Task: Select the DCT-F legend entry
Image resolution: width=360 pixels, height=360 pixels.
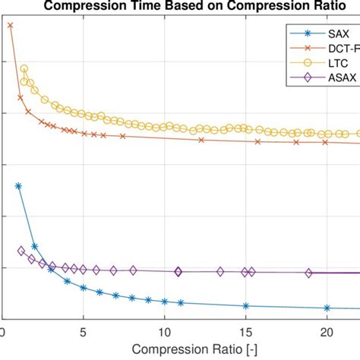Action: pos(339,49)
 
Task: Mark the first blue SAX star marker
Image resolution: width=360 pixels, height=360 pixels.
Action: pos(18,185)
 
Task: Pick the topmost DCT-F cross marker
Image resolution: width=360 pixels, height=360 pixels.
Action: pos(10,25)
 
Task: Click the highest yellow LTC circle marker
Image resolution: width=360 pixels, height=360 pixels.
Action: pos(24,69)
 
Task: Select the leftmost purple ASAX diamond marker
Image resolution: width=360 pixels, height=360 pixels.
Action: pos(21,251)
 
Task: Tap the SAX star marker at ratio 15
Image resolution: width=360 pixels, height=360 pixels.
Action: pos(245,305)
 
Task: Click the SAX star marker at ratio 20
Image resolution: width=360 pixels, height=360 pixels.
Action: pos(327,308)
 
